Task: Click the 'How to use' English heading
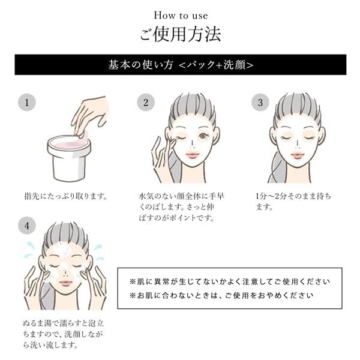[x=180, y=14]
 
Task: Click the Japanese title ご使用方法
[x=180, y=34]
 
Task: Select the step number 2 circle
[x=145, y=103]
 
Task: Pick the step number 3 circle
[x=260, y=103]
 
